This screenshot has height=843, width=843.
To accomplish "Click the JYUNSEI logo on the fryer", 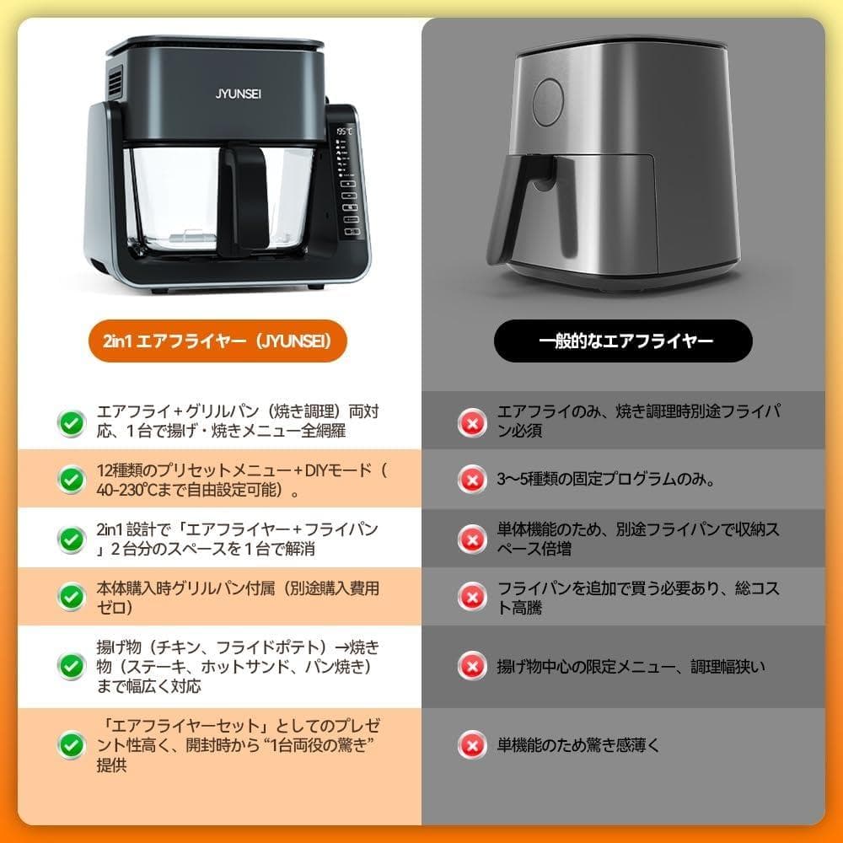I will [x=214, y=93].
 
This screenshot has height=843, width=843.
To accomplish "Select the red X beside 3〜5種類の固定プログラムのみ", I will [x=470, y=480].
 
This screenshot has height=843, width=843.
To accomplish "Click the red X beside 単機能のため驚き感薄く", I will [x=470, y=744].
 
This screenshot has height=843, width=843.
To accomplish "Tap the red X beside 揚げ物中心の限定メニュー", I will [x=470, y=666].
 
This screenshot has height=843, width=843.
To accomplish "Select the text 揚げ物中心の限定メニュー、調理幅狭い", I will [x=631, y=667].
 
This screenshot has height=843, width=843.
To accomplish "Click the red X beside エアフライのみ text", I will [x=470, y=421].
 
